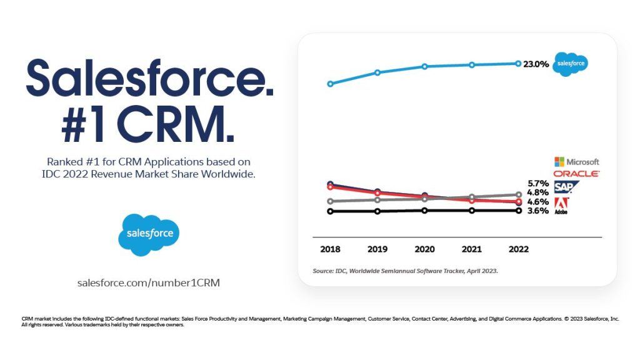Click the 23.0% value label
[x=536, y=64]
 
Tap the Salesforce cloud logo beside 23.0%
[x=570, y=64]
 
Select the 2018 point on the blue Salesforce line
[x=330, y=84]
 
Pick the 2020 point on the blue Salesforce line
[x=424, y=66]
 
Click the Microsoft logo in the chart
[x=576, y=162]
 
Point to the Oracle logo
[x=576, y=174]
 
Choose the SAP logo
[x=566, y=187]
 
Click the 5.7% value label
[x=538, y=184]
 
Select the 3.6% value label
[x=538, y=211]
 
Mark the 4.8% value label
[x=538, y=192]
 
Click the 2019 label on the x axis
[x=377, y=249]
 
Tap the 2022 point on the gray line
[x=517, y=195]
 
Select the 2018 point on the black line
[x=330, y=211]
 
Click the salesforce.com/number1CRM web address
[x=149, y=282]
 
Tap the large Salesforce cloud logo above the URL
[x=149, y=234]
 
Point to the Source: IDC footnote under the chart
[x=405, y=271]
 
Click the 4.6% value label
[x=538, y=202]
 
